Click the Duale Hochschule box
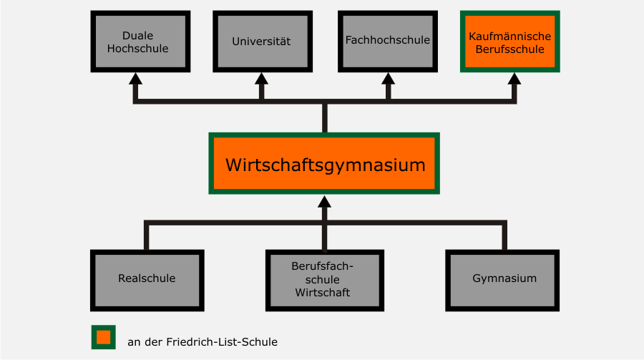(140, 42)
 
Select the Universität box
(261, 42)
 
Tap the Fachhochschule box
(387, 42)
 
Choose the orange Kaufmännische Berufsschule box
(509, 42)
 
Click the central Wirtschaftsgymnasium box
(324, 163)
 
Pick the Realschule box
(147, 279)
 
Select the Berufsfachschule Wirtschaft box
(324, 279)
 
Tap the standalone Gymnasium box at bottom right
(504, 279)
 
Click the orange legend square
(103, 337)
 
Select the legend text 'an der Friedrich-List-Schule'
(203, 342)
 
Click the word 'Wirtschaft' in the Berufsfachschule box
(324, 292)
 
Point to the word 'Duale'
(138, 35)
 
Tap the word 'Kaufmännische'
(509, 36)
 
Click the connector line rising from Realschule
(147, 236)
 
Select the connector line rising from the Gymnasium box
(504, 236)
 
